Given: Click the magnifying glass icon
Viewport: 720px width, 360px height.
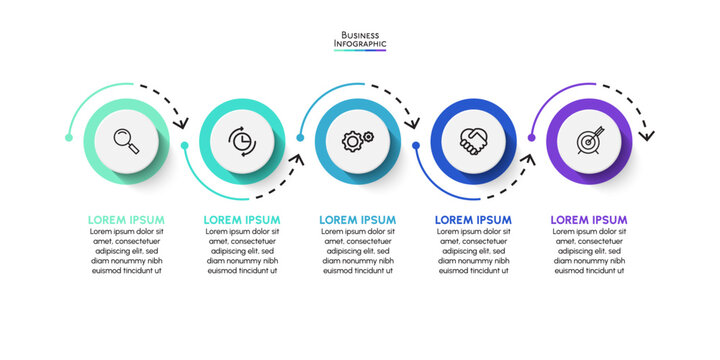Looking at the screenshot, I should coord(126,140).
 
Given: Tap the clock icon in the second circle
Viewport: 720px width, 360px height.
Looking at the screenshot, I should coord(242,140).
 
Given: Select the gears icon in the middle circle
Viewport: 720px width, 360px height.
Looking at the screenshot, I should coord(358,140).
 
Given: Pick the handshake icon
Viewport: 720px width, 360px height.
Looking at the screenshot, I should coord(473,140).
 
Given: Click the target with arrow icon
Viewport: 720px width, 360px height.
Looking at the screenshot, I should coord(589,140).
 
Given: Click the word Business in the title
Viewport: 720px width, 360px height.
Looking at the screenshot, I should coord(360,34).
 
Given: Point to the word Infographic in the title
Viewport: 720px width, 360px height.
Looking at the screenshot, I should coord(360,44).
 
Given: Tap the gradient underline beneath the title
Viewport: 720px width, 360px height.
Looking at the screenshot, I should coord(360,51).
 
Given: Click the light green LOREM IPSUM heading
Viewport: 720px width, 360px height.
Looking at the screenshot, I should coord(126,220).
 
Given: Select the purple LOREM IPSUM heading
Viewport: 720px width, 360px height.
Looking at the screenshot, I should coord(589,220).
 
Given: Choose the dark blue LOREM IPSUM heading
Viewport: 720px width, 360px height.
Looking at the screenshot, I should coord(473,220).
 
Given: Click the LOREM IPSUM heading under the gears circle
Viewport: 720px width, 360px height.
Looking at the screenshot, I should coord(358,220).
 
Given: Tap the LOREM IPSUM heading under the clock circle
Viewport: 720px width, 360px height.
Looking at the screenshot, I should coord(242,220).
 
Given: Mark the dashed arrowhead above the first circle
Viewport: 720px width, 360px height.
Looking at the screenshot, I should coord(182,124).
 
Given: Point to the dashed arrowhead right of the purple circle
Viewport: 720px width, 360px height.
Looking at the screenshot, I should coord(646,133).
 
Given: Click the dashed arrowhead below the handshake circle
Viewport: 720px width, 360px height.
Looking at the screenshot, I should coord(529,157).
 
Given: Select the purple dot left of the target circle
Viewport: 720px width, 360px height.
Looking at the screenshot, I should coord(532,138).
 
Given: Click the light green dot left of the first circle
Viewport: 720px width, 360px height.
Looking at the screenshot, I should coord(68,137).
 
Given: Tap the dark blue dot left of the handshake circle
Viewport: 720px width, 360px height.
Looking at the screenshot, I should coord(416,145).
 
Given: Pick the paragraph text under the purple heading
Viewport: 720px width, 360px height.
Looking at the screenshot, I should coord(589,251).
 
